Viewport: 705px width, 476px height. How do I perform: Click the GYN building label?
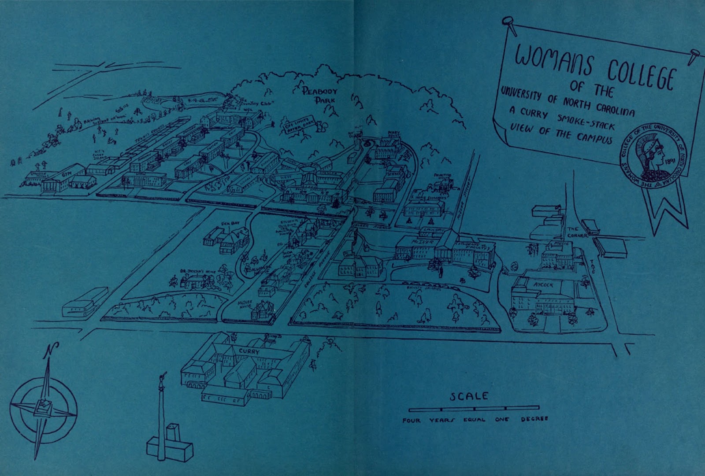[67, 174]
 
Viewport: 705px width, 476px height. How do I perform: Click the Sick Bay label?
[231, 223]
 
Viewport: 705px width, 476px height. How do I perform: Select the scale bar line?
[474, 408]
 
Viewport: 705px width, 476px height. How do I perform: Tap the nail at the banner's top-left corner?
[510, 21]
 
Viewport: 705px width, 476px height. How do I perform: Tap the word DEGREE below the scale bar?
[534, 419]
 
